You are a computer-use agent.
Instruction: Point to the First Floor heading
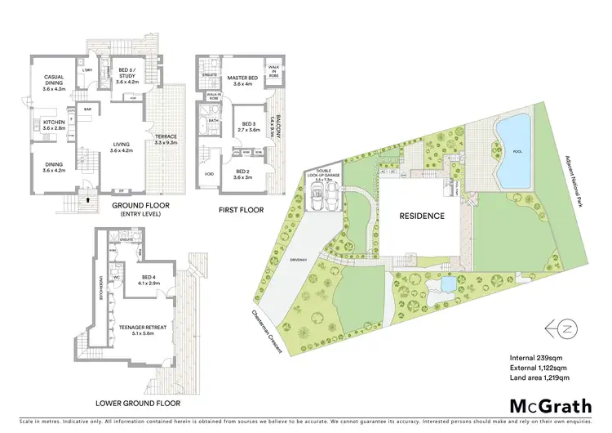click(x=241, y=210)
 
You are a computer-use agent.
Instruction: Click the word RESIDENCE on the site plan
click(x=422, y=216)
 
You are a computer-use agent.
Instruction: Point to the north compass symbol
click(x=561, y=328)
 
